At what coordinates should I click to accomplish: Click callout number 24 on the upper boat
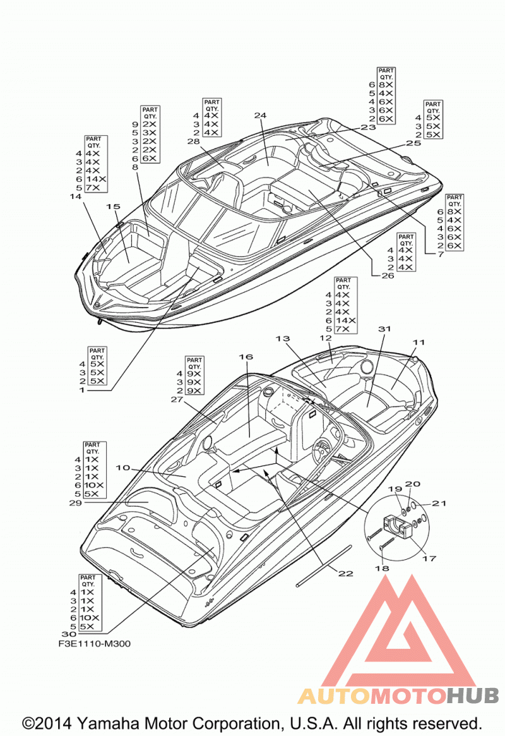coord(260,115)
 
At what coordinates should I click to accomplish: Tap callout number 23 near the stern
coord(369,127)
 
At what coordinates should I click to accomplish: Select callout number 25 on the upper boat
coord(413,143)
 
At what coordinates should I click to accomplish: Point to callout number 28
coord(194,142)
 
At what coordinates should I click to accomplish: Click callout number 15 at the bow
coord(113,206)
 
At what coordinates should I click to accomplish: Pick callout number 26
coord(388,275)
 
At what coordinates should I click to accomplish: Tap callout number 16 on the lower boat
coord(246,357)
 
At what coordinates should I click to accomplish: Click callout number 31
coord(384,329)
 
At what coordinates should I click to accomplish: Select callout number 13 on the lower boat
coord(283,339)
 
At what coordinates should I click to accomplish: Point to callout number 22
coord(346,573)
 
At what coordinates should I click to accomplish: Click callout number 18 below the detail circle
coord(382,568)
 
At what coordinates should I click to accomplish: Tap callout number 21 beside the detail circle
coord(439,503)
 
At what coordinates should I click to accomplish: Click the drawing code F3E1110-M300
coord(95,644)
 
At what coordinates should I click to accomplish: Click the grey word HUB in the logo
coord(472,696)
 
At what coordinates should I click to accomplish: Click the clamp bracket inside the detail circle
coord(398,526)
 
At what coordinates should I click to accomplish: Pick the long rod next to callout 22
coord(324,565)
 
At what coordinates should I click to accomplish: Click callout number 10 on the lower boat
coord(123,468)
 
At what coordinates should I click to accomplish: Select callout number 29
coord(76,503)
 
